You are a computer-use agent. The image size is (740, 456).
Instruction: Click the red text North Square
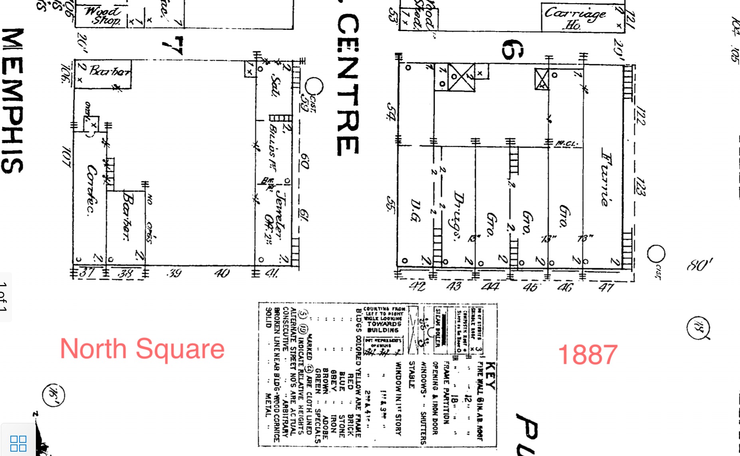pos(142,349)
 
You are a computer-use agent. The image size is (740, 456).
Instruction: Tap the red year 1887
pos(588,354)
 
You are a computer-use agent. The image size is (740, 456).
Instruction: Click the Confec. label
pos(92,191)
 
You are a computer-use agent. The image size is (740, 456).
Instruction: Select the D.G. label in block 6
pos(415,210)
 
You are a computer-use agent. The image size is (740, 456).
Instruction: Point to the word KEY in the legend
pos(491,375)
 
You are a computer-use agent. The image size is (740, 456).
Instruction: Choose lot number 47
pos(606,287)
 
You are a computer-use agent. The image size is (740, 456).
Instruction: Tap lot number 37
pos(87,273)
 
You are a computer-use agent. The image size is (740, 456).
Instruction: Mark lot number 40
pos(222,273)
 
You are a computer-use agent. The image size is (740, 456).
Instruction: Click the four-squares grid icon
pos(18,443)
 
